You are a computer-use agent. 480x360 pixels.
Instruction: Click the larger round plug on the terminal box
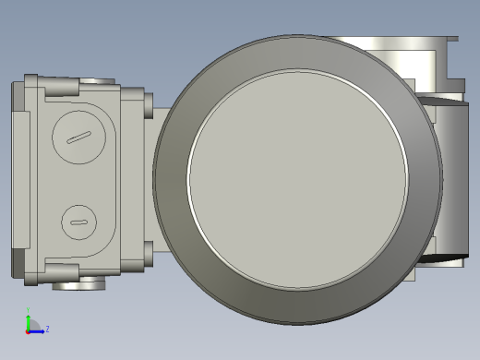point(78,138)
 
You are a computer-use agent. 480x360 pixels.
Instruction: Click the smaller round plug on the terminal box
point(78,222)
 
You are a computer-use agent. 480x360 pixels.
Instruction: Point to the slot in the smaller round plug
point(78,223)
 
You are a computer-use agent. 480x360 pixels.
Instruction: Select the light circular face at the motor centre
point(297,179)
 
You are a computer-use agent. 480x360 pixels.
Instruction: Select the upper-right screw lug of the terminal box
point(148,103)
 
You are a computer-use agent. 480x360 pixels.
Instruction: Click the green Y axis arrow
point(28,319)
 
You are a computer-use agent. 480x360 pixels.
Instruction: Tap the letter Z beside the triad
point(47,329)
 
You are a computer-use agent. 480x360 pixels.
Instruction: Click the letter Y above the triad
point(28,310)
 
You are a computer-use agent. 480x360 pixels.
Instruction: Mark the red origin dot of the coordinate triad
point(28,330)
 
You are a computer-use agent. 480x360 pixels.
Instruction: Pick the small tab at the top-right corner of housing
point(450,39)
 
